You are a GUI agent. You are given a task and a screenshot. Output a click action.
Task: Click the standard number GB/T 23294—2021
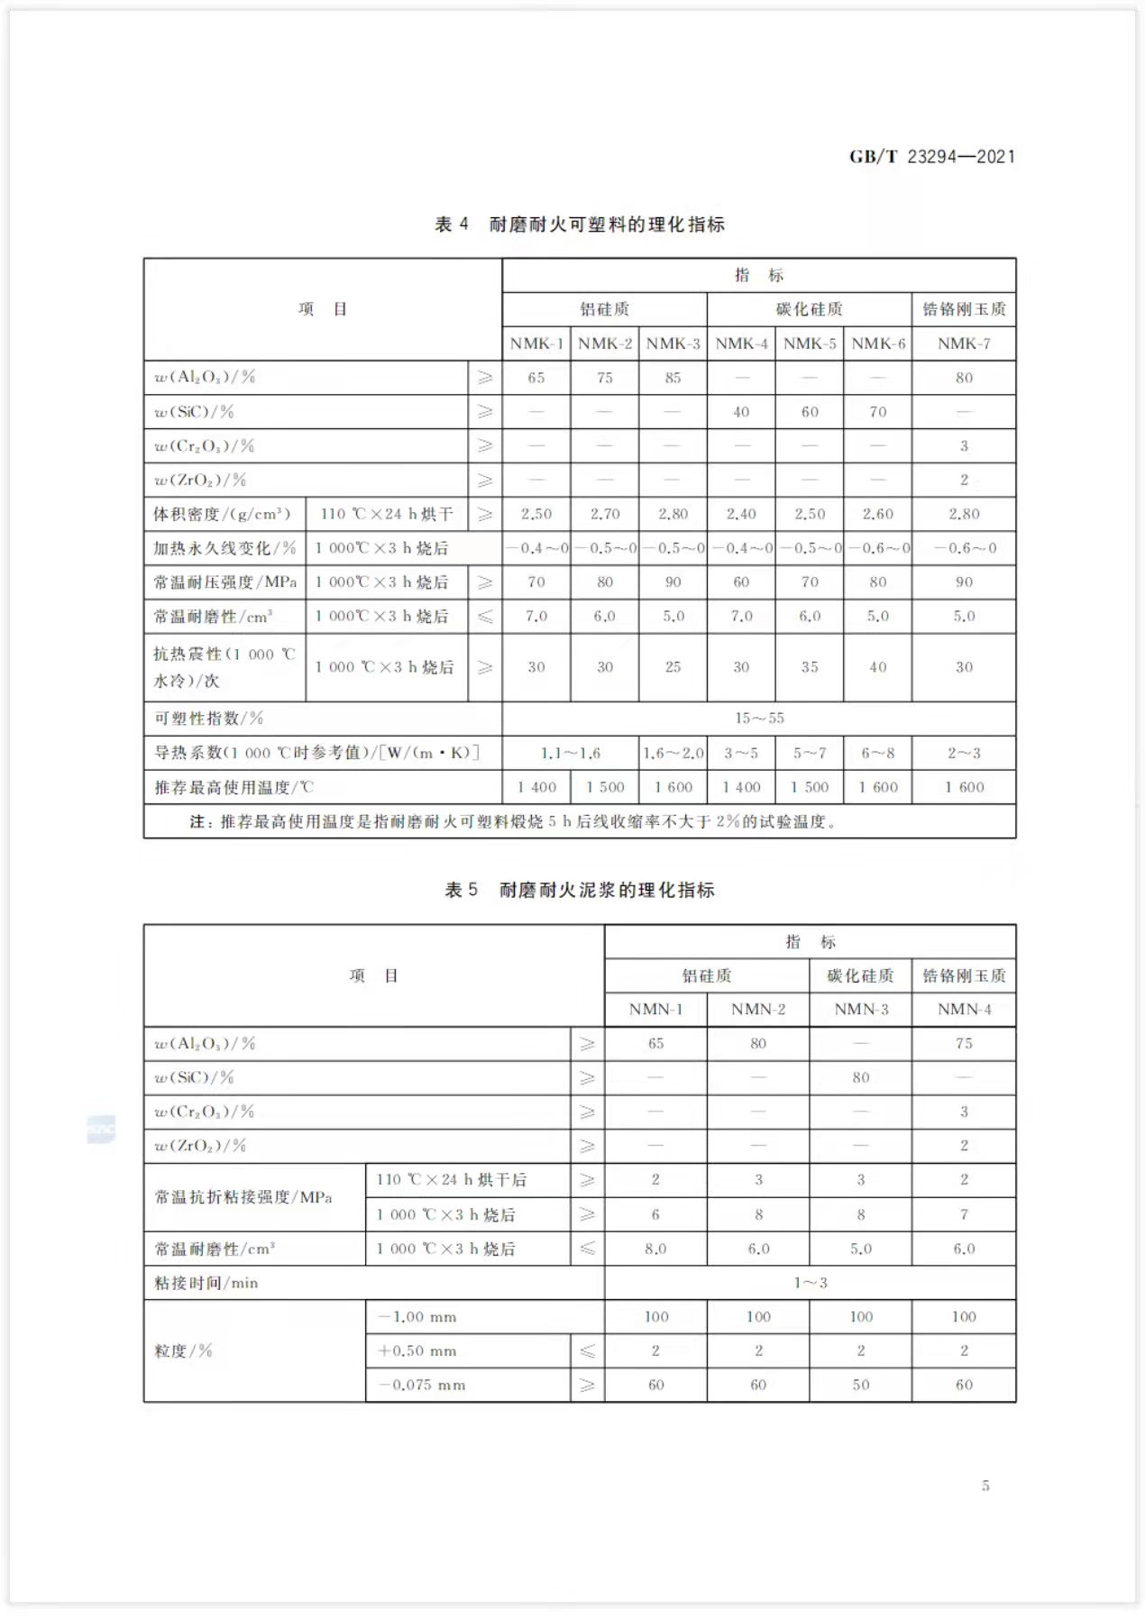tap(931, 157)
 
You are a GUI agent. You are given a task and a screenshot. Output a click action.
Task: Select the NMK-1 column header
tap(536, 343)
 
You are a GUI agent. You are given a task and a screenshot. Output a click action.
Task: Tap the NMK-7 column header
tap(964, 343)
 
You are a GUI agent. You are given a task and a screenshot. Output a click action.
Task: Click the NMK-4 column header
tap(741, 343)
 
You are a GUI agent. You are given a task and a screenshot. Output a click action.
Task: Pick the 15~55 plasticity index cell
tap(759, 718)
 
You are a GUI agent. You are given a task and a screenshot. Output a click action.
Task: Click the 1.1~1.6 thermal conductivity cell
tap(571, 753)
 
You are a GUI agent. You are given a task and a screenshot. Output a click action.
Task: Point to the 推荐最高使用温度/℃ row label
tap(234, 787)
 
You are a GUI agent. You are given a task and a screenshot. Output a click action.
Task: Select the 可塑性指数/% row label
tap(208, 718)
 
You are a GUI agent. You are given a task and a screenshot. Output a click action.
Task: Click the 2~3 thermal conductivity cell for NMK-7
tap(964, 753)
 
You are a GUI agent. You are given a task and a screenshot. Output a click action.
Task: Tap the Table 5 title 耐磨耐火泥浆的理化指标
tap(580, 891)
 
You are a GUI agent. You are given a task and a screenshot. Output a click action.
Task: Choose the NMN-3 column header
tap(861, 1010)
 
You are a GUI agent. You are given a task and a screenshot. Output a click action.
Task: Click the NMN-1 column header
tap(655, 1010)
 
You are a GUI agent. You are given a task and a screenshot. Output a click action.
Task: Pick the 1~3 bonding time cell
tap(811, 1283)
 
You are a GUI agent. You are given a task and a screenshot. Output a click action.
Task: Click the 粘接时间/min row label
tap(206, 1283)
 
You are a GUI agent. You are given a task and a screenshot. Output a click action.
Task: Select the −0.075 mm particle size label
tap(422, 1385)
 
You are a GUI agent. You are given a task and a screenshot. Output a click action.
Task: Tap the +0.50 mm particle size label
tap(417, 1350)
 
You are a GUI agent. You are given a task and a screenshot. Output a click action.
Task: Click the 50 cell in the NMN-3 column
tap(861, 1385)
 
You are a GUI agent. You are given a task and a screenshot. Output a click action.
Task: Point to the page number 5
tap(985, 1486)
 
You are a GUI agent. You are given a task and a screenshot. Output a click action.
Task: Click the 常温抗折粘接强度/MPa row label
tap(243, 1197)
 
